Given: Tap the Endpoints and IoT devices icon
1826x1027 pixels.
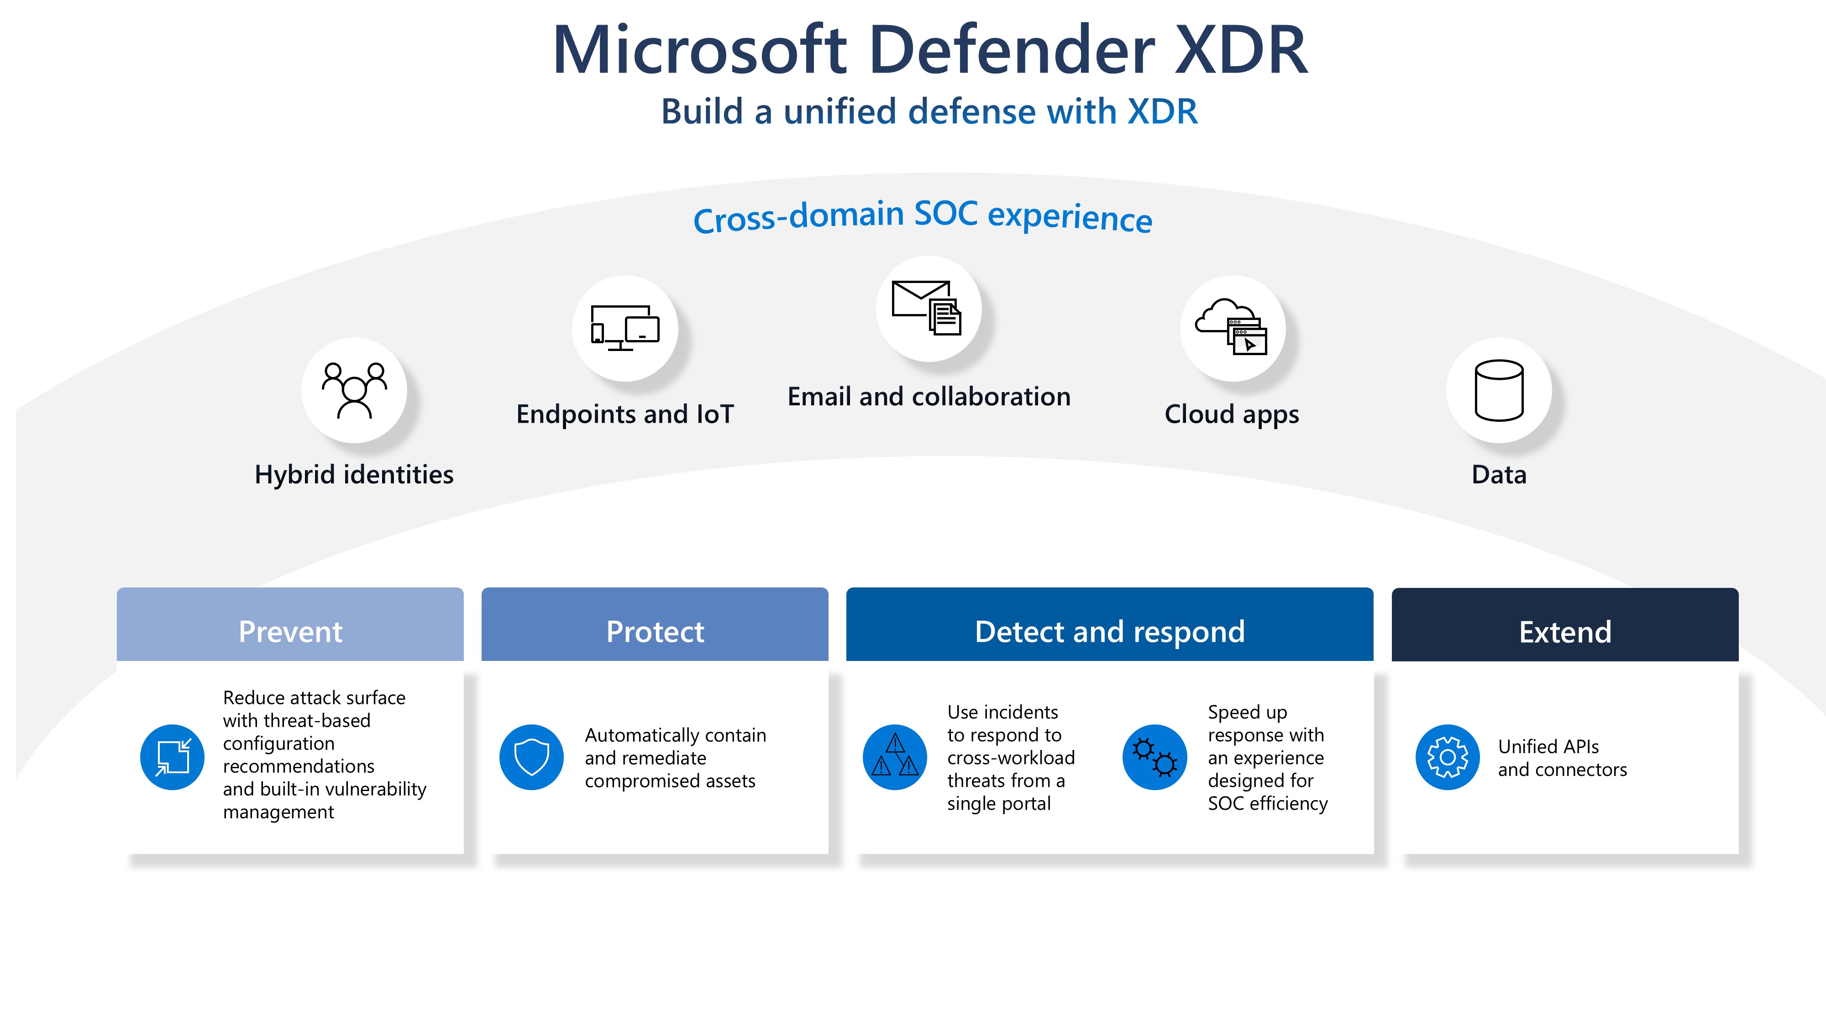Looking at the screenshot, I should tap(624, 328).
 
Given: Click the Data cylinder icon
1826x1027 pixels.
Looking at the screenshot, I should tap(1499, 391).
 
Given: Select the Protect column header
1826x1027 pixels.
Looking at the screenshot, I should tap(655, 631).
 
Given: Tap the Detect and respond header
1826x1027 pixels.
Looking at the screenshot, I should tap(1109, 631).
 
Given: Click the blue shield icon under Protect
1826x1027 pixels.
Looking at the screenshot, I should tap(532, 757).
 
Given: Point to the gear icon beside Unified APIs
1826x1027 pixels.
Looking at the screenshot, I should tap(1448, 757).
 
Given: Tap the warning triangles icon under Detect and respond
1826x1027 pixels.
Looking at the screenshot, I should tap(895, 757).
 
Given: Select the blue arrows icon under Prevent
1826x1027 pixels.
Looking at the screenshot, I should tap(172, 757).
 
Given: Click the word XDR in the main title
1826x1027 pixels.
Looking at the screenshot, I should tap(1240, 50).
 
